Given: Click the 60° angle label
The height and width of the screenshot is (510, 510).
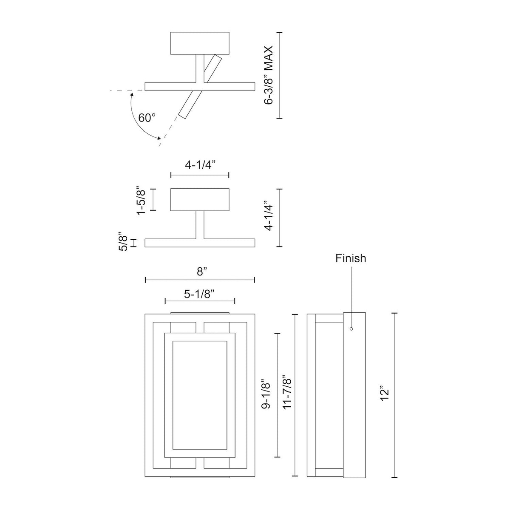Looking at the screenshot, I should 147,118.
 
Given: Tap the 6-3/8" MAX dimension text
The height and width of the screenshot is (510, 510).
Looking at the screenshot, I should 268,76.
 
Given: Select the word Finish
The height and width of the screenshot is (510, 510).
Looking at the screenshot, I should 351,258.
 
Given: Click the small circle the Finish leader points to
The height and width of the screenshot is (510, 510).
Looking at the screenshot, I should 351,328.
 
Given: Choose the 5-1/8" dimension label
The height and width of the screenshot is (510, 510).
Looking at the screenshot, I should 199,293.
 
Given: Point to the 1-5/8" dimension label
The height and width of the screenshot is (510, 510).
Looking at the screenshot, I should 142,200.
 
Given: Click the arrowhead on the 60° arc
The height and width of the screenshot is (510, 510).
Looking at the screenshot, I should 159,138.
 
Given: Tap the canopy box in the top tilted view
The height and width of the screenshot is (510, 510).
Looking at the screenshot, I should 199,43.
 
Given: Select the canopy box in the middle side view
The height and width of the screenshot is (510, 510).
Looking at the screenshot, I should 199,200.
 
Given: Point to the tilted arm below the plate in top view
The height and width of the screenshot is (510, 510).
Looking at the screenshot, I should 189,104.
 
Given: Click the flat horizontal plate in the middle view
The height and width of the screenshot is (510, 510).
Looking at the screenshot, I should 200,243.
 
